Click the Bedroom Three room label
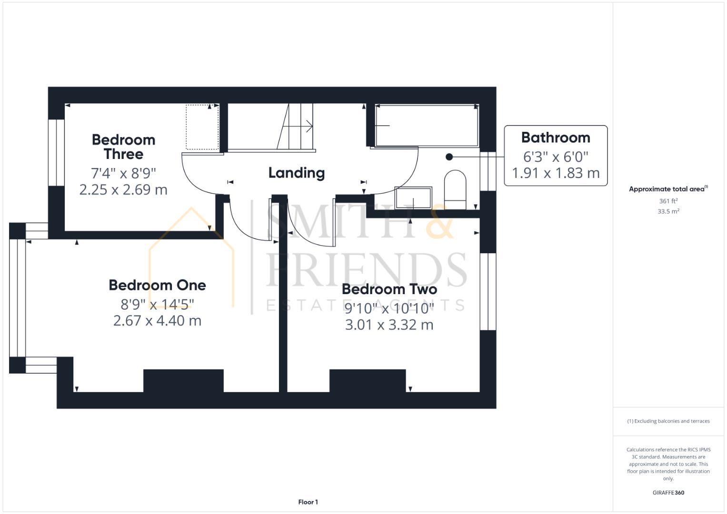(123, 147)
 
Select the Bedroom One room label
(157, 285)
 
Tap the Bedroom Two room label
(389, 289)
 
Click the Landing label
(296, 173)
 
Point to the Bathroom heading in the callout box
(555, 138)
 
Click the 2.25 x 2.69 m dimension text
(123, 189)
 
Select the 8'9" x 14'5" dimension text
(157, 304)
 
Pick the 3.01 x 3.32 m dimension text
(389, 325)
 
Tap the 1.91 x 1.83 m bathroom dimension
(555, 173)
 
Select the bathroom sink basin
(413, 198)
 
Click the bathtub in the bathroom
(427, 126)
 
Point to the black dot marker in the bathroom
(449, 157)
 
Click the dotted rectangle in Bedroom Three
(202, 127)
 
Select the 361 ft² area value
(668, 201)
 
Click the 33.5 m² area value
(668, 211)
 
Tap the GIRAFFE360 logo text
(668, 493)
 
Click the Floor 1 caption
(308, 502)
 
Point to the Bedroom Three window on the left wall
(56, 152)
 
